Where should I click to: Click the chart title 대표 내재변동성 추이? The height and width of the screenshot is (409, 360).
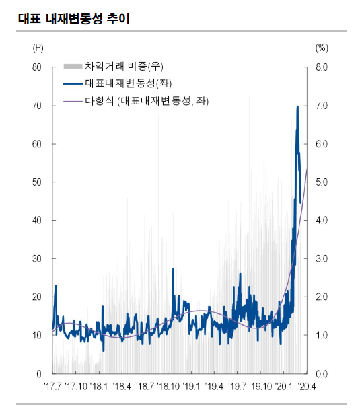[x=74, y=19]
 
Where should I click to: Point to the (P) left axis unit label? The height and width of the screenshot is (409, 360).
[x=38, y=48]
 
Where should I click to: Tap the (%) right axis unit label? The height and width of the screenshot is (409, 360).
[x=322, y=48]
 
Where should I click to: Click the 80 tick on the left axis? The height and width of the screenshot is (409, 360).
[x=37, y=67]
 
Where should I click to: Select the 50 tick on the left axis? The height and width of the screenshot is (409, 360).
[x=37, y=182]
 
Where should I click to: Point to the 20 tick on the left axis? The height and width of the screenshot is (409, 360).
[x=37, y=297]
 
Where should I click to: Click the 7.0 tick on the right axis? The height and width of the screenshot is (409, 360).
[x=322, y=106]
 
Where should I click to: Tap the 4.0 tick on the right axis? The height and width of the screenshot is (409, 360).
[x=322, y=221]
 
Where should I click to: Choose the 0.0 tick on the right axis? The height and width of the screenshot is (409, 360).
[x=322, y=374]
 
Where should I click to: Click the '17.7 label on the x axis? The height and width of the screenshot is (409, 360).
[x=53, y=387]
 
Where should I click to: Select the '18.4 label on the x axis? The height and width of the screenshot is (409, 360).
[x=122, y=387]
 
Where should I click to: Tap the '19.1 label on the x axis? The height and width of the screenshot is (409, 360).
[x=191, y=387]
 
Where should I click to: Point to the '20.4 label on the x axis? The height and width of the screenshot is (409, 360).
[x=307, y=387]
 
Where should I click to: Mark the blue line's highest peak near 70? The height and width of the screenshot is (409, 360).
[x=297, y=106]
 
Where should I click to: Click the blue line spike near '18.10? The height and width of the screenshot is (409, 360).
[x=173, y=268]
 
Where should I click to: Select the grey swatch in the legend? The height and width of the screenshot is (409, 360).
[x=73, y=67]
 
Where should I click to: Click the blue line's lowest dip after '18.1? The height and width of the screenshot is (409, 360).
[x=104, y=351]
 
